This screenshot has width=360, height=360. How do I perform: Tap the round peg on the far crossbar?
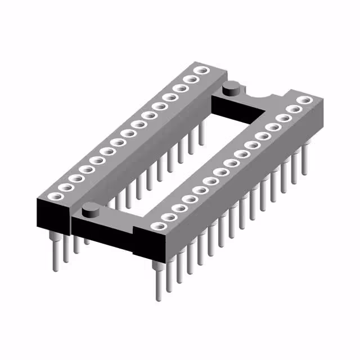pos(231,88)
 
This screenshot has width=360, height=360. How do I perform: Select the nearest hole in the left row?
pos(56,196)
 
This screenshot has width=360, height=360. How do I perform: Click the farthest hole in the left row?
pos(199,71)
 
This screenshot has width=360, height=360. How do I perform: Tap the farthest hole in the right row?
pos(305,101)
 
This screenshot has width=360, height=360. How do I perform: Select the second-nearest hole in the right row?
pos(170,217)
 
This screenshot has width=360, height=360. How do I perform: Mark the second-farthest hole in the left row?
pos(188,80)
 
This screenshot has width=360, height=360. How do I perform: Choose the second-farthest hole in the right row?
pos(294,110)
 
